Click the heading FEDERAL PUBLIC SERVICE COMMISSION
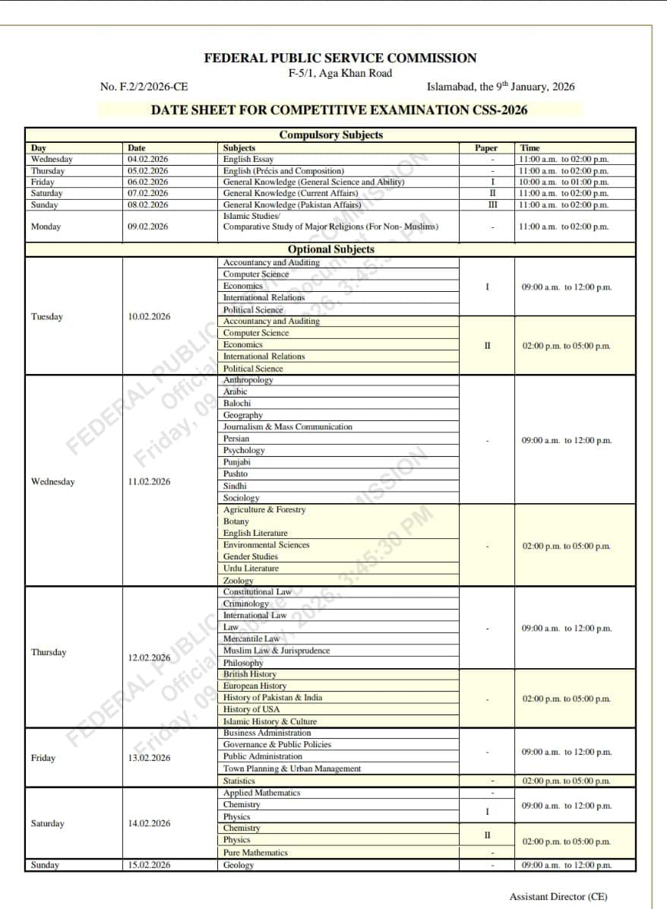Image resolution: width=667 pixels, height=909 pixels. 340,58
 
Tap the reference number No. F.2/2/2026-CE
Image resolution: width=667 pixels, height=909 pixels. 144,87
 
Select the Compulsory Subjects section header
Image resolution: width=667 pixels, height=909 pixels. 330,135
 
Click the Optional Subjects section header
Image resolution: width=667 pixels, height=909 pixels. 330,249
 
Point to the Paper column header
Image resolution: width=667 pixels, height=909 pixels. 486,148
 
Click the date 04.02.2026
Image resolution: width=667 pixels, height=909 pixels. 148,160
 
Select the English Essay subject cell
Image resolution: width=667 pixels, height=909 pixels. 248,160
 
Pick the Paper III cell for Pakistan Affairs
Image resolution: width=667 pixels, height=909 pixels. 492,204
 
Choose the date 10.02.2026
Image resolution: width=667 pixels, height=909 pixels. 149,317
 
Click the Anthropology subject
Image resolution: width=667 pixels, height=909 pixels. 248,380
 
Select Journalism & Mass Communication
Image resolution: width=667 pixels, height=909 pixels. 288,427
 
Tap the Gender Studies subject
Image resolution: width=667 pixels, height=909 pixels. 251,556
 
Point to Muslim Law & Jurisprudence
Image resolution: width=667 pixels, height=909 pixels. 277,651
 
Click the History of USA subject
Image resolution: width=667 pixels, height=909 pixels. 251,709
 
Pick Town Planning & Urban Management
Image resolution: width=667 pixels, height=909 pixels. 292,768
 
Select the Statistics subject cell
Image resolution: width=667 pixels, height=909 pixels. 239,781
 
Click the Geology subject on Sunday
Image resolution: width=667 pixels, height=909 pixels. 239,865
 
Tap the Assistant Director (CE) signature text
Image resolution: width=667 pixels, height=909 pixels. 558,897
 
